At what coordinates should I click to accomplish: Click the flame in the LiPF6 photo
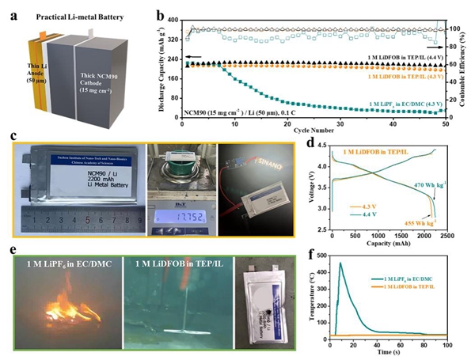60,305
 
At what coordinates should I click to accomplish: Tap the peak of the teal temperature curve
341,263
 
